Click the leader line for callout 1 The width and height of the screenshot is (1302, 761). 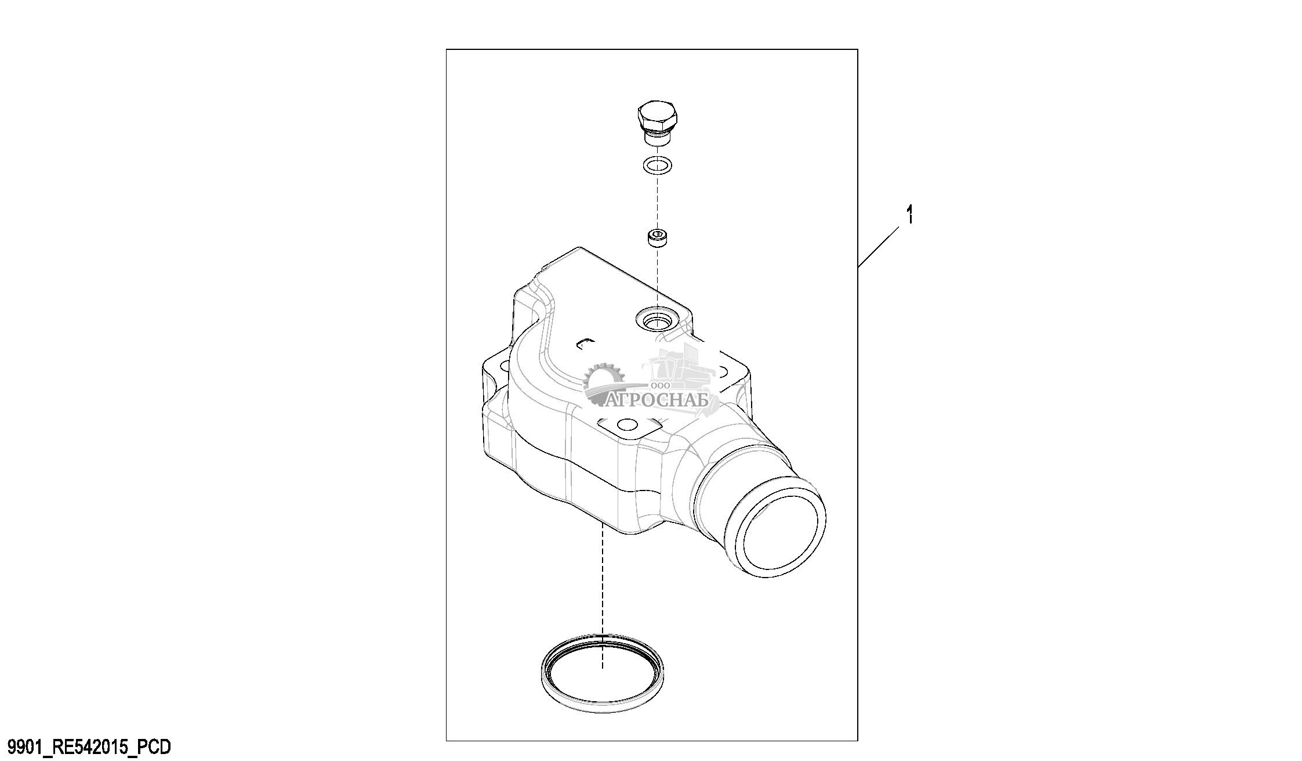pyautogui.click(x=879, y=247)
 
